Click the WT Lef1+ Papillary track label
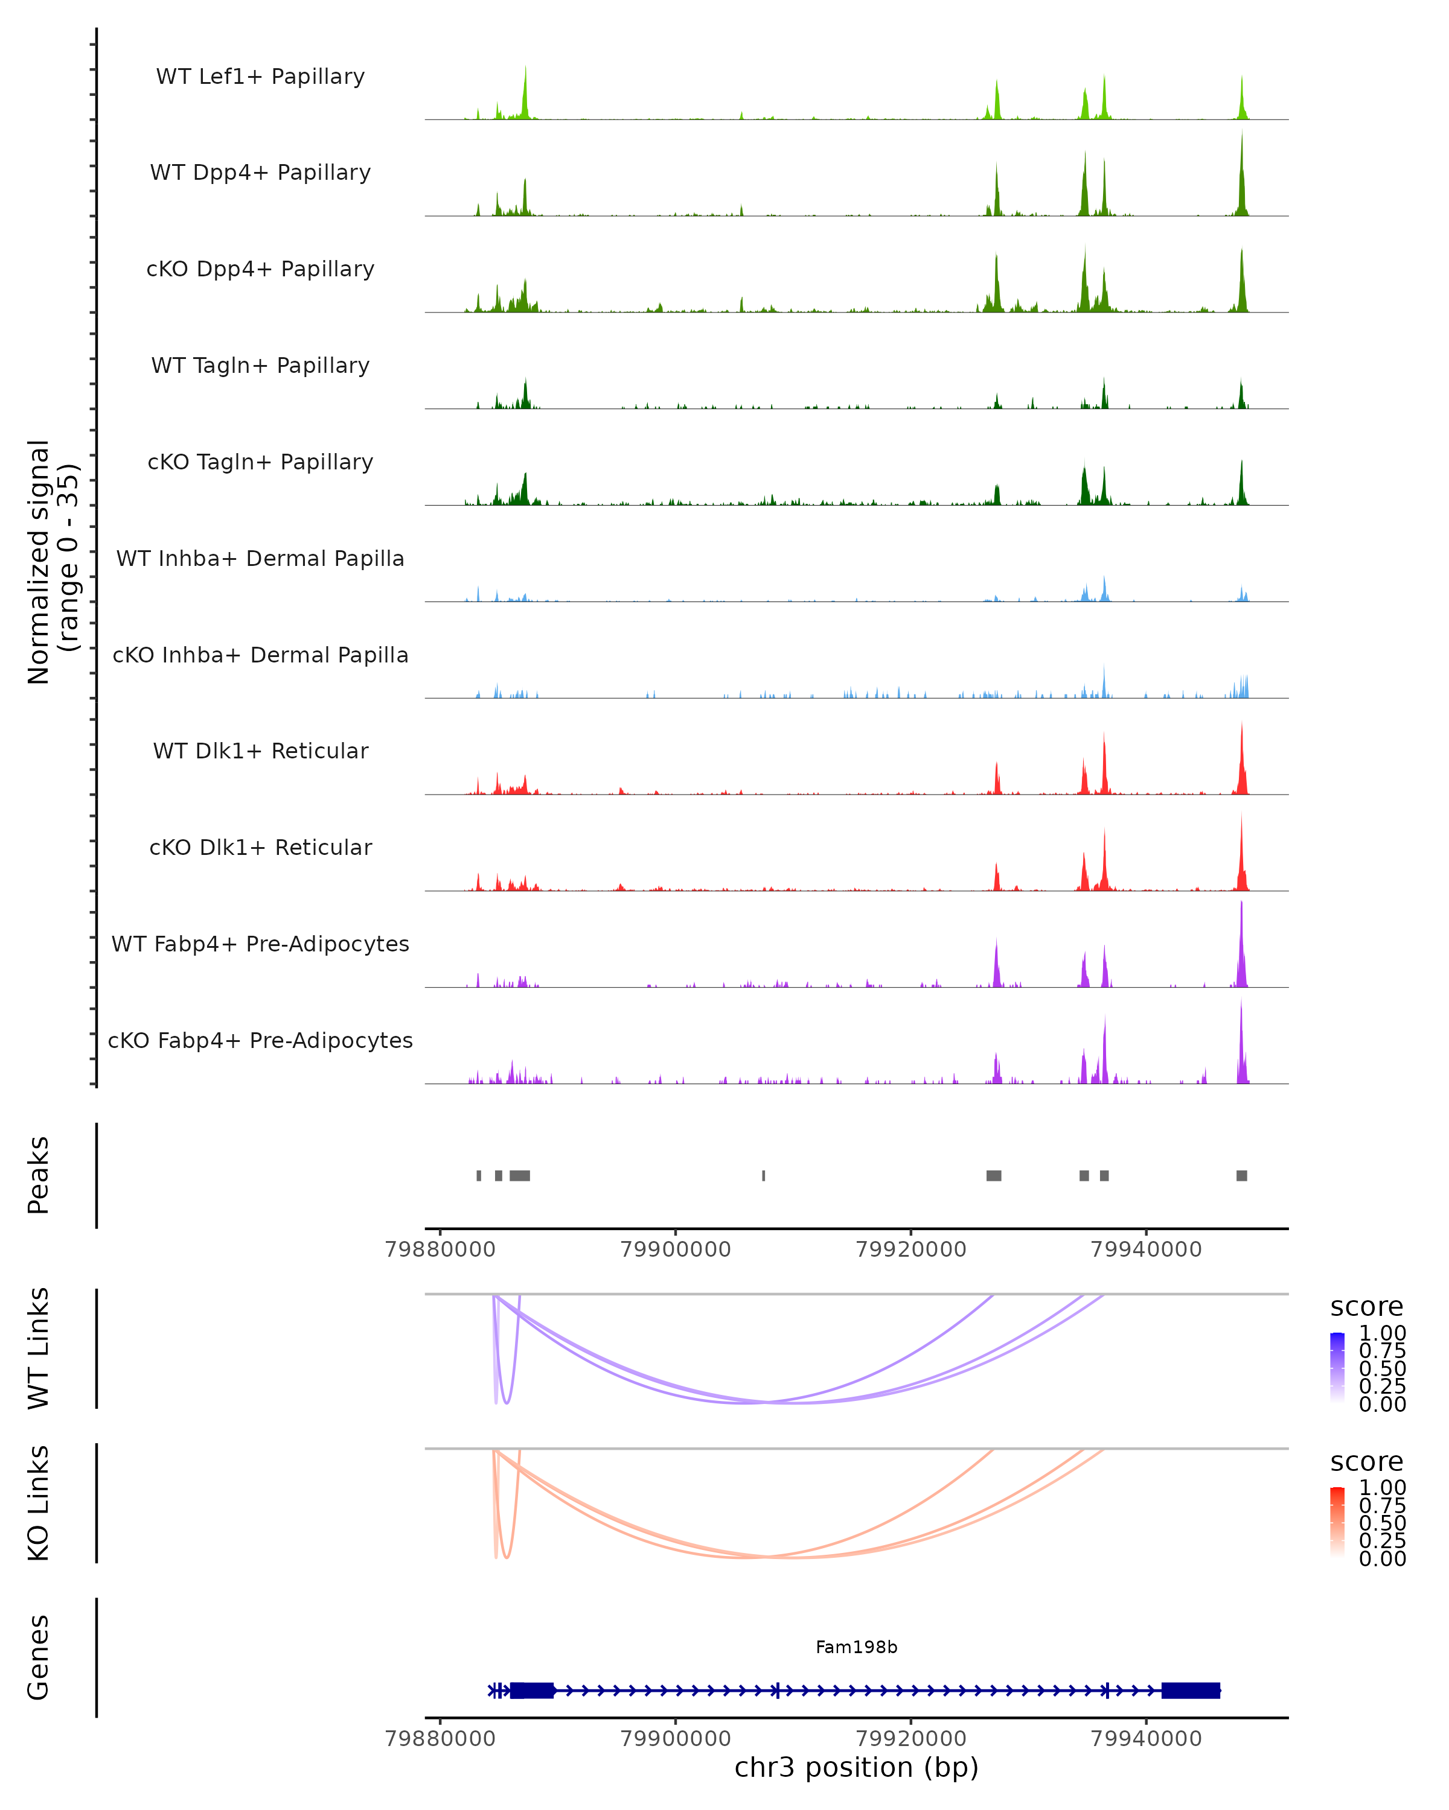[x=260, y=77]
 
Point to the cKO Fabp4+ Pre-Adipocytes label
[x=260, y=1040]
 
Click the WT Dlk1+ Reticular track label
[x=260, y=751]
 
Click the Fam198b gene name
[x=856, y=1647]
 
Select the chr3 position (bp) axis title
[x=856, y=1767]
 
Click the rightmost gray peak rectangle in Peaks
[x=1241, y=1175]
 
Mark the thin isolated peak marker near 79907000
[x=764, y=1175]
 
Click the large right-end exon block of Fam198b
[x=1190, y=1691]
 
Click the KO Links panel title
[x=39, y=1503]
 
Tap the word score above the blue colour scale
[x=1367, y=1307]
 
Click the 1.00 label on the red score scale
[x=1383, y=1488]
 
